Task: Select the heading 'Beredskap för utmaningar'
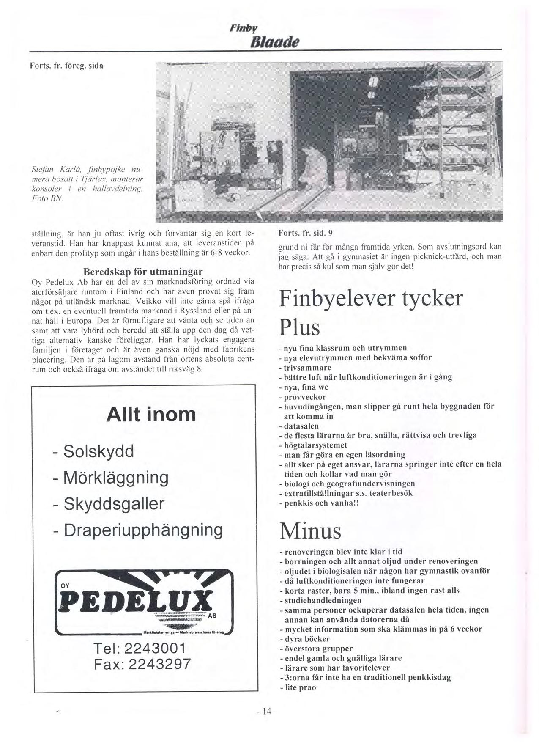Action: point(143,271)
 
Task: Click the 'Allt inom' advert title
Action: point(151,414)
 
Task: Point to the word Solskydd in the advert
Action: point(98,451)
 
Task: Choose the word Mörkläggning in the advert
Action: point(115,477)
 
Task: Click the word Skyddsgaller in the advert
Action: point(113,503)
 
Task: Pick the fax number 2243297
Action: point(159,664)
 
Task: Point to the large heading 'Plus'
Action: point(299,327)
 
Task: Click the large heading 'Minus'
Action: point(310,531)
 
